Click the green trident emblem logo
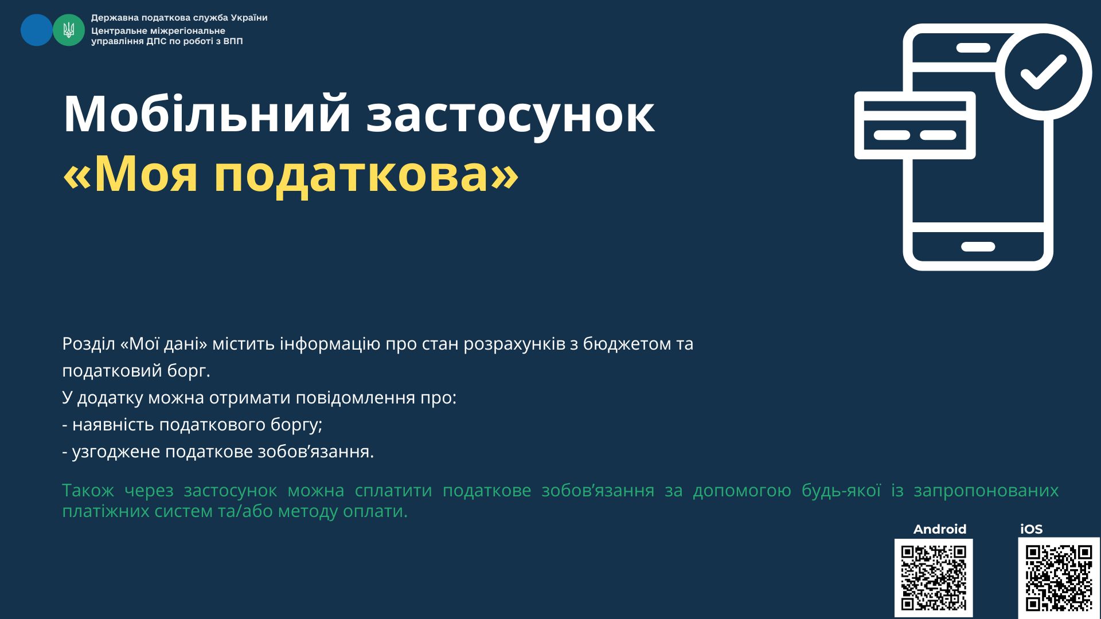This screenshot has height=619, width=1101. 69,30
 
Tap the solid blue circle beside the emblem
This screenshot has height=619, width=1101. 36,30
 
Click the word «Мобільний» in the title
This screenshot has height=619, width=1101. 207,114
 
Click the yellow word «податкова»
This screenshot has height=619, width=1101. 352,174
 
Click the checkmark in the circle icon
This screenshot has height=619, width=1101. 1043,72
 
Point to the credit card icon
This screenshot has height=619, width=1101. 915,126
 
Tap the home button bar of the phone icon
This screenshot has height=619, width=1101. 978,247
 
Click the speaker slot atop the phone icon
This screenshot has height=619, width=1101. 974,48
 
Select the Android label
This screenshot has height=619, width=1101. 940,529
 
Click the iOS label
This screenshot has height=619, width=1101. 1031,529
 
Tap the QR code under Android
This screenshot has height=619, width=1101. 934,578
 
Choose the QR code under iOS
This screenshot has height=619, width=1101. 1059,578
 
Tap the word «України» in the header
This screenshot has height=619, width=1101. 249,18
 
